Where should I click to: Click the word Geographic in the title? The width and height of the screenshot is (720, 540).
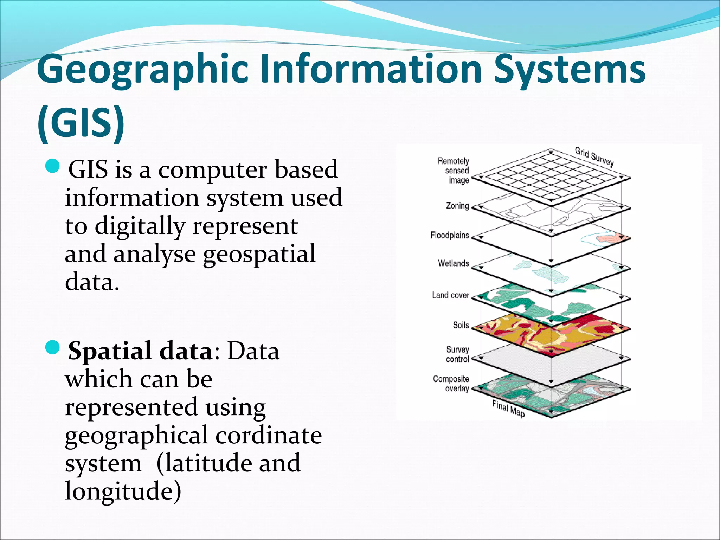coord(143,70)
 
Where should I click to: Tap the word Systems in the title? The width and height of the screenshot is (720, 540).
coord(570,70)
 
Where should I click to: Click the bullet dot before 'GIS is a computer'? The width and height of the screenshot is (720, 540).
coord(53,166)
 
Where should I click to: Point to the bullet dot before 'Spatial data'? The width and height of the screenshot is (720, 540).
coord(53,348)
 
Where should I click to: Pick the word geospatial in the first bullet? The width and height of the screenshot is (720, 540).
coord(259,254)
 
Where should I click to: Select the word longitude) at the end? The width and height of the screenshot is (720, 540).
coord(123,491)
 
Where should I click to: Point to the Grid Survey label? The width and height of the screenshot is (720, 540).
coord(594,156)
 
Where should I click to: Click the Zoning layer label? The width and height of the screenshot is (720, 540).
coord(457,206)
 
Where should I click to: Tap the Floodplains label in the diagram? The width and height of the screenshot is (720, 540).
coord(450,235)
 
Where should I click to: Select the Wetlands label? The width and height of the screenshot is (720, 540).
coord(453,263)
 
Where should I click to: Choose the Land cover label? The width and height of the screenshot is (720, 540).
coord(450,295)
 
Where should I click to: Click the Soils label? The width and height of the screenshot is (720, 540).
coord(461,325)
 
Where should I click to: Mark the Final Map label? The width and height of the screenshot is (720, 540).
coord(508,409)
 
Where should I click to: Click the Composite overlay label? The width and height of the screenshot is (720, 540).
coord(451,384)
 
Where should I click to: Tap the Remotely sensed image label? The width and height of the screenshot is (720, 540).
coord(454,171)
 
